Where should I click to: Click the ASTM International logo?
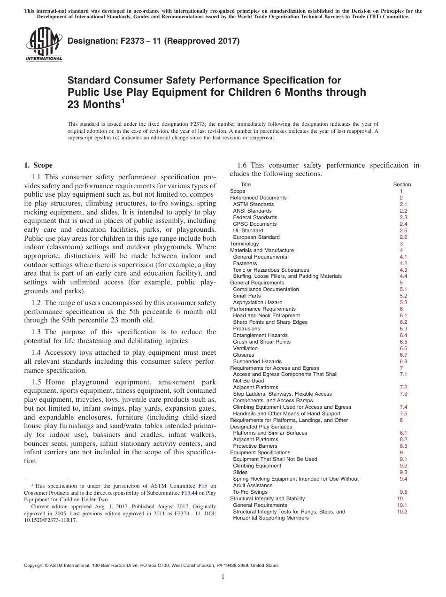44,45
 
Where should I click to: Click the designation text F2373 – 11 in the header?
154,41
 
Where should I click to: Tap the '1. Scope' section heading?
38,165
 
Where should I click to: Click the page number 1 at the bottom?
223,576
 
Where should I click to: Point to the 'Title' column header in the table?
246,184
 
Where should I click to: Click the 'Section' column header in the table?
401,184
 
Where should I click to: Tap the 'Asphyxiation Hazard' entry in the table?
257,302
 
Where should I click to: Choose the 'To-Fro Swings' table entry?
250,492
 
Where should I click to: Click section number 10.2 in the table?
402,512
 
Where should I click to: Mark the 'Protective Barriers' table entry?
255,446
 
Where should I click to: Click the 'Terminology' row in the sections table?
244,244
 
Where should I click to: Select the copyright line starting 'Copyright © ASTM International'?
151,566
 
